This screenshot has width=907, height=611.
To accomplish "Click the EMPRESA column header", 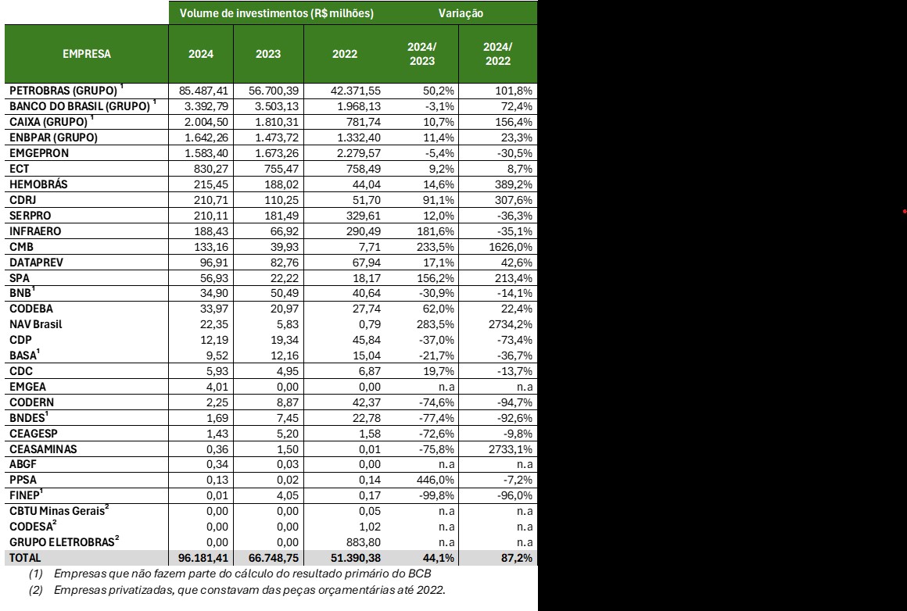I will point(88,54).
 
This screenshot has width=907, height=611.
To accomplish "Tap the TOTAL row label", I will point(26,559).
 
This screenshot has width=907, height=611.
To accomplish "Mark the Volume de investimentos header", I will point(276,13).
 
